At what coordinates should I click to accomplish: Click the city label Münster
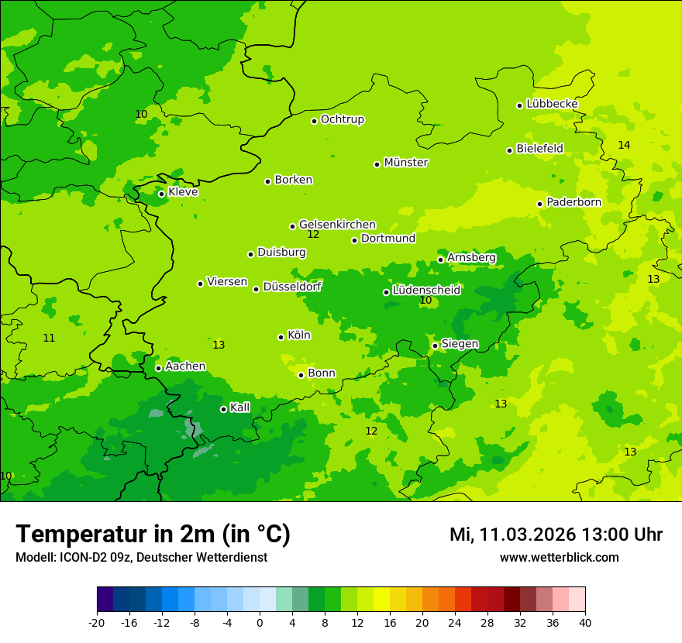click(x=406, y=163)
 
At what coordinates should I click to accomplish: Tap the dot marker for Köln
click(x=281, y=337)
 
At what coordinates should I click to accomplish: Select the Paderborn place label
click(x=573, y=202)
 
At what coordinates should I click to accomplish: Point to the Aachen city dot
click(x=158, y=368)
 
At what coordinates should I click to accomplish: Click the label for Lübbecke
click(x=552, y=104)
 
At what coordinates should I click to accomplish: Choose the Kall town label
click(x=240, y=407)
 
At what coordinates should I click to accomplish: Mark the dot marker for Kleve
click(x=161, y=194)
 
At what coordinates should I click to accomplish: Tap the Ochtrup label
click(x=343, y=119)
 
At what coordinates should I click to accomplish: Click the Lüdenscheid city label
click(x=426, y=291)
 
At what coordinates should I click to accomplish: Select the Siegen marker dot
click(x=435, y=346)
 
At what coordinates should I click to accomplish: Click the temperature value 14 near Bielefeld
click(x=624, y=146)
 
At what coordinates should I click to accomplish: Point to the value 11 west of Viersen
click(x=49, y=339)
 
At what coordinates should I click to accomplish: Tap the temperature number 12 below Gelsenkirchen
click(x=313, y=235)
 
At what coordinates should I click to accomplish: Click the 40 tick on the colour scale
click(x=585, y=622)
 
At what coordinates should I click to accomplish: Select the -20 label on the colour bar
click(x=97, y=622)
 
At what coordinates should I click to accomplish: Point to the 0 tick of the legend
click(x=260, y=622)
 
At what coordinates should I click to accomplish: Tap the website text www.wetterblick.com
click(x=559, y=557)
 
